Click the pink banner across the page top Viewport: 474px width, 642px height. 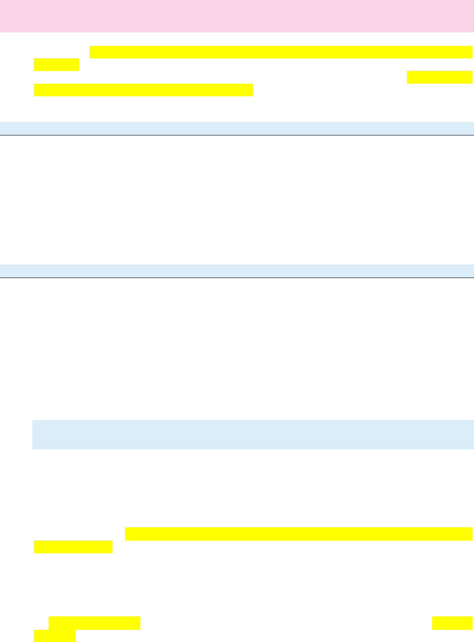coord(237,16)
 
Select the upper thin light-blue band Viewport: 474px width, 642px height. coord(237,128)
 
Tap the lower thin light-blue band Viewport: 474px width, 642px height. coord(237,271)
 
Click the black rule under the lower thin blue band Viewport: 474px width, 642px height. coord(237,278)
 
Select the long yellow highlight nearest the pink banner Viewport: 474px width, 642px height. coord(281,52)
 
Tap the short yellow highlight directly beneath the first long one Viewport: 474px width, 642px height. coord(56,65)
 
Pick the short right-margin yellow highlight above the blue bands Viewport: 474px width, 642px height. coord(440,77)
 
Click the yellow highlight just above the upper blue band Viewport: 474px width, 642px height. coord(143,90)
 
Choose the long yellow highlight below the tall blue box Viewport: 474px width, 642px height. coord(299,534)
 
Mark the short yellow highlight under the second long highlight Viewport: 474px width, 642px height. coord(73,547)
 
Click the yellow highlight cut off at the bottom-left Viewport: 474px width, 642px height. coord(54,636)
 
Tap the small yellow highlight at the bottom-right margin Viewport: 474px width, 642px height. coord(452,623)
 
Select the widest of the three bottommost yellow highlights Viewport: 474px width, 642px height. coord(94,623)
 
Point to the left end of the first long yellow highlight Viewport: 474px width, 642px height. coord(91,52)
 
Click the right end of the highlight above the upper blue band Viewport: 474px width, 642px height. coord(252,90)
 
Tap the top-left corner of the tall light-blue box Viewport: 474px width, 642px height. coord(33,421)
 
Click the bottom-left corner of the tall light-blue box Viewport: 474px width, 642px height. coord(33,449)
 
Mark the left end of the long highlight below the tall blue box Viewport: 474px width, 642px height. coord(126,534)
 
